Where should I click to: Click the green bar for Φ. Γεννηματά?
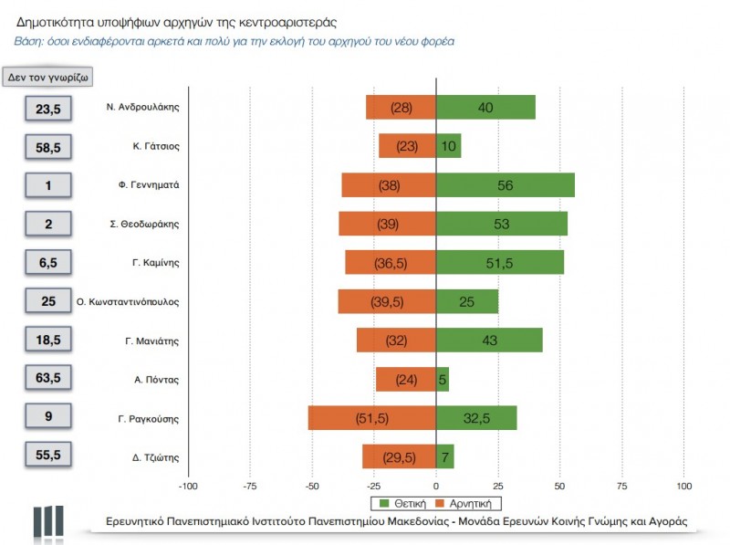[x=506, y=185]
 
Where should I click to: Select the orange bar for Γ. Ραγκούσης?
[x=372, y=418]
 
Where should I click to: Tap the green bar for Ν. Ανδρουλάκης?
[x=485, y=107]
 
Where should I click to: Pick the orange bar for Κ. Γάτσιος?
[x=407, y=146]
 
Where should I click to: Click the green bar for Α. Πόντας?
[x=443, y=380]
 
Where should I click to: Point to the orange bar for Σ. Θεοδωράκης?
[x=387, y=225]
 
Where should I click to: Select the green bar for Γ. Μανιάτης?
[x=489, y=341]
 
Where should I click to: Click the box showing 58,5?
[x=48, y=147]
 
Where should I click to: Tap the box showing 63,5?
[x=48, y=379]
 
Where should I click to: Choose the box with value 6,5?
[x=48, y=263]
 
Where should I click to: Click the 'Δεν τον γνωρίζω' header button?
[x=47, y=78]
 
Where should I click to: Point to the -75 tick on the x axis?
[x=250, y=486]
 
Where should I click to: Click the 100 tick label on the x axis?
[x=684, y=486]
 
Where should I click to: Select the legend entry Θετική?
[x=406, y=502]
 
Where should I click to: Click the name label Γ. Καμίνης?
[x=155, y=263]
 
